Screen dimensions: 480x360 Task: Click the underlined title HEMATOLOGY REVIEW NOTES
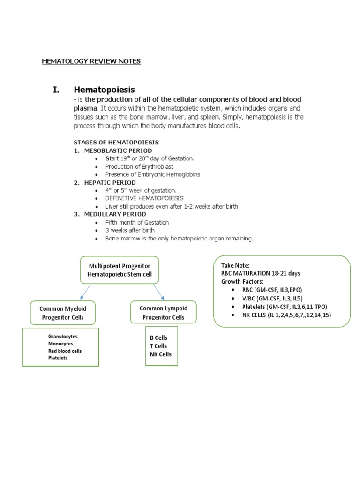coord(91,61)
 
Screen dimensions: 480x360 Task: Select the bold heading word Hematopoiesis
coord(104,90)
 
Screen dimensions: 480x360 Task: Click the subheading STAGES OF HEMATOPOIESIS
coord(116,142)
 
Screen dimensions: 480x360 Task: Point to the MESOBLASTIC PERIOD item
coord(118,150)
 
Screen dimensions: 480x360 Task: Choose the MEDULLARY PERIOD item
coord(115,214)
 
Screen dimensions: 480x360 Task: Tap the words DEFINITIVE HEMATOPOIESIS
coord(144,198)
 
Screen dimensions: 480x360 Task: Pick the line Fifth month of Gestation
coord(137,222)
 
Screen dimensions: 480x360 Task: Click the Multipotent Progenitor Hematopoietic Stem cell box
coord(119,270)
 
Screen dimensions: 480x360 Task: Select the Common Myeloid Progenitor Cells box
coord(63,313)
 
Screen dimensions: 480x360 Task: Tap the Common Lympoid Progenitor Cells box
coord(164,313)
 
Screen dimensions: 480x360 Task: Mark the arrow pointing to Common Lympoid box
coord(158,292)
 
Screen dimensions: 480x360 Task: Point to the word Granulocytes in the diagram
coord(64,337)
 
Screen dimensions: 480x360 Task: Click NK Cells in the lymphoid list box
coord(160,354)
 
